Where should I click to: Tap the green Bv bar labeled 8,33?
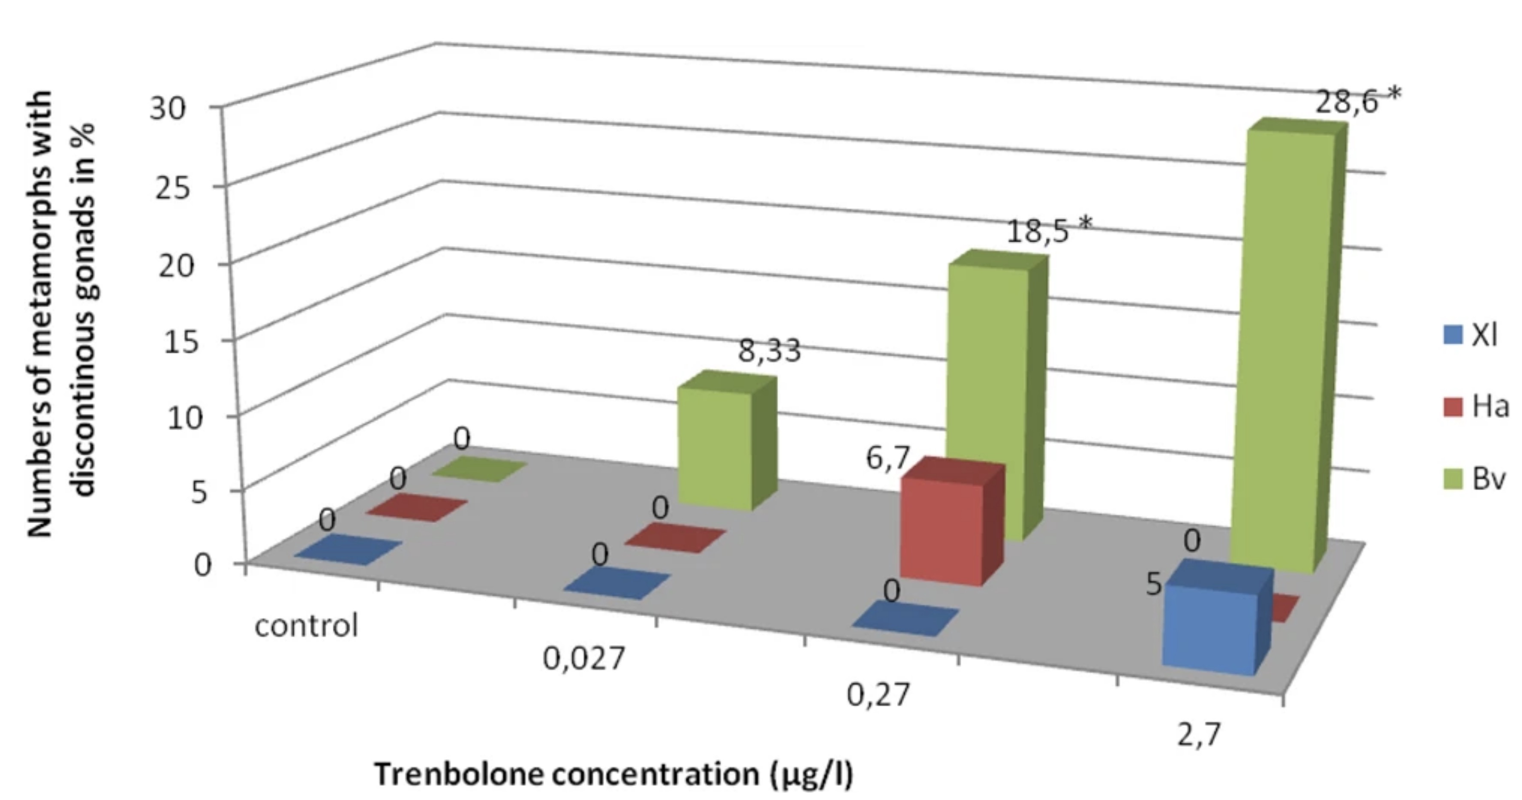tap(716, 449)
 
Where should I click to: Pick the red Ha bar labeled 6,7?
tap(942, 532)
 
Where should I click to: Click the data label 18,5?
tap(1037, 230)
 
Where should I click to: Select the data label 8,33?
tap(769, 350)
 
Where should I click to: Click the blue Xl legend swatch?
tap(1452, 335)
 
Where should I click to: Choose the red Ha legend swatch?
tap(1452, 407)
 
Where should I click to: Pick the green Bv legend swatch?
tap(1452, 479)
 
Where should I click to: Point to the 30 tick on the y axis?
tap(167, 109)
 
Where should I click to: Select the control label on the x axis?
tap(306, 625)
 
